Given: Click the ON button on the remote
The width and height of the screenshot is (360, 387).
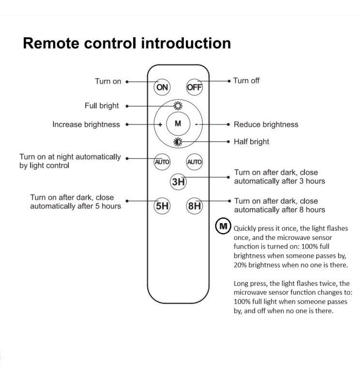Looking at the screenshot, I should click(x=162, y=87).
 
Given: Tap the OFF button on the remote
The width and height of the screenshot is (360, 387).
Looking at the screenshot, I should click(x=194, y=87).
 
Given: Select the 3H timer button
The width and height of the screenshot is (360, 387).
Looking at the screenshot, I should click(x=178, y=182).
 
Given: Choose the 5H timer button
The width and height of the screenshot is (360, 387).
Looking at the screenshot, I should click(x=162, y=206).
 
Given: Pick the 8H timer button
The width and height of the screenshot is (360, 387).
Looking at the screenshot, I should click(x=194, y=206).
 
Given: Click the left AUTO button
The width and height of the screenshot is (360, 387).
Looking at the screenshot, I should click(x=162, y=162).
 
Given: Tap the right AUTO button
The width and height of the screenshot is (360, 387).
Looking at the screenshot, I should click(x=194, y=162).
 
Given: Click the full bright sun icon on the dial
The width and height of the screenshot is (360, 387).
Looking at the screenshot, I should click(x=178, y=106).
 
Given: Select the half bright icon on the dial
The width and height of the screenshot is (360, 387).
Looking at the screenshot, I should click(x=178, y=142).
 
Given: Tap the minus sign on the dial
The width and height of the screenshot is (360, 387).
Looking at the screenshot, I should click(x=196, y=124).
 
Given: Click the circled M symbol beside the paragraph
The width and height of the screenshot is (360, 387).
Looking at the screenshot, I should click(x=223, y=226).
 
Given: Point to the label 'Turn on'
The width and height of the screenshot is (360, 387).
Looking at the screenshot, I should click(x=108, y=81).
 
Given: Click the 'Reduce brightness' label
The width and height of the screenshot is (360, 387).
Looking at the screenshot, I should click(x=266, y=124).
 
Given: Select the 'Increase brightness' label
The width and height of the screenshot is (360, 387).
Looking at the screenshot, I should click(x=86, y=124).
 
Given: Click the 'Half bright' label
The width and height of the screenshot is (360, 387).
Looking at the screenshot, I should click(x=251, y=142).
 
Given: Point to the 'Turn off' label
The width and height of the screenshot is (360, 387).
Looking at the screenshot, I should click(x=246, y=80).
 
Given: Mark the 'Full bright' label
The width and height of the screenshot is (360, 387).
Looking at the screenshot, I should click(x=102, y=105).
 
